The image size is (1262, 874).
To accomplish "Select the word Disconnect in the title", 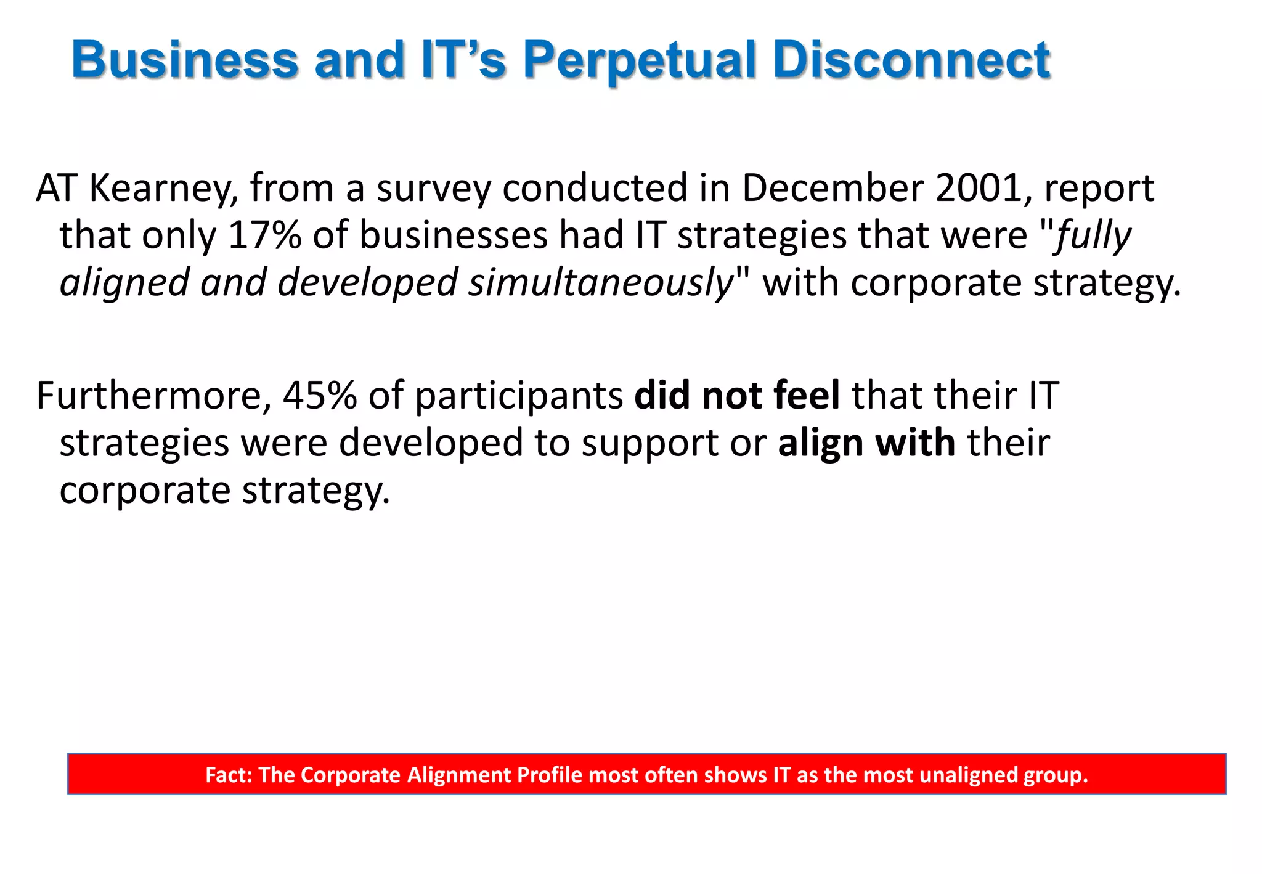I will click(911, 60).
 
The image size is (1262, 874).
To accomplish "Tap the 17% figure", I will click(264, 235).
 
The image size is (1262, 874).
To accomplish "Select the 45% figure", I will click(319, 395).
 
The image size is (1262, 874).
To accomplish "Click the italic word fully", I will click(1093, 236).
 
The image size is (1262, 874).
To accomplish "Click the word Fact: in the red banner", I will click(229, 774).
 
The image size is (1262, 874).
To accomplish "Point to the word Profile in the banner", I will click(549, 774).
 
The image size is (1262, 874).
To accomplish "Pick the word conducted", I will click(595, 187).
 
